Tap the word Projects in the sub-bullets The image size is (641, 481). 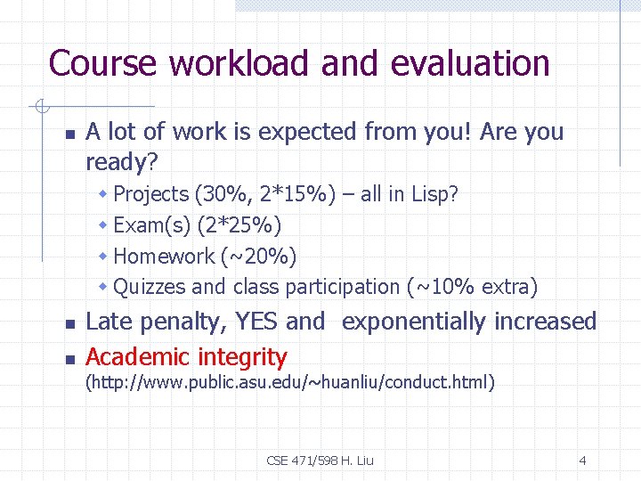coord(151,194)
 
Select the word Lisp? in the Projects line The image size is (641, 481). coord(434,194)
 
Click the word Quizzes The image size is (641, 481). coord(150,287)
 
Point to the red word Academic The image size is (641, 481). coord(138,357)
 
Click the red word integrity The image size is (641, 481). coord(242,357)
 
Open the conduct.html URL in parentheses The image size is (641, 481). coord(289,383)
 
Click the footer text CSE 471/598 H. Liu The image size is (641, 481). coord(320,461)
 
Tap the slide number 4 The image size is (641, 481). coord(582,461)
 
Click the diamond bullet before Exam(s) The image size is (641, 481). coord(103,225)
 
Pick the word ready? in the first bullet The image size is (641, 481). coord(121,161)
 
